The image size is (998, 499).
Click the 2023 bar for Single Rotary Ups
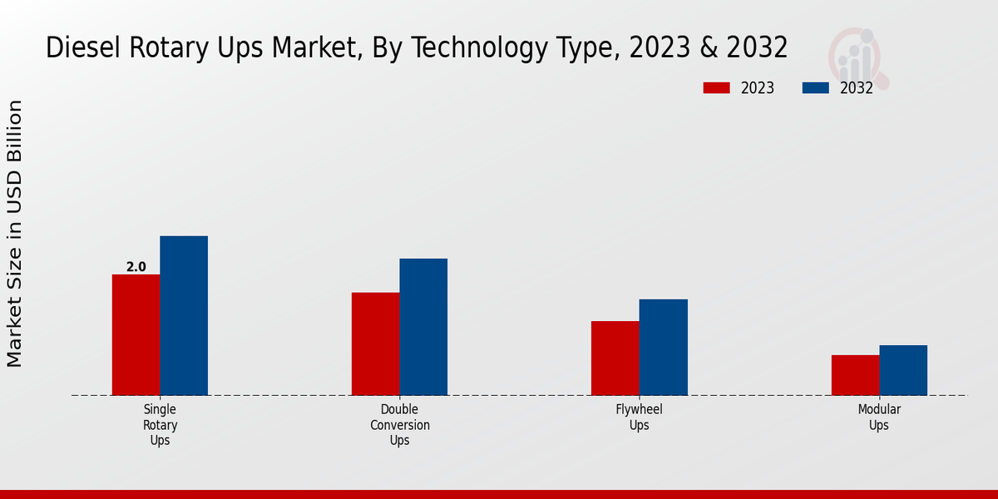(136, 334)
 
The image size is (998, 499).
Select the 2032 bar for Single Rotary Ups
(184, 315)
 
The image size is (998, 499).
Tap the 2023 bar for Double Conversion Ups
(375, 343)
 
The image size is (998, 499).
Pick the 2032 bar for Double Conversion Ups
(423, 327)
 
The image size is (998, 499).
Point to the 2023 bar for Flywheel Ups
(615, 358)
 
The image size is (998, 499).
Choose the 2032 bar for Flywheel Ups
(664, 347)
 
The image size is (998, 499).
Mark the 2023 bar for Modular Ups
(855, 375)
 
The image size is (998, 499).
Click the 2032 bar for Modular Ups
(903, 370)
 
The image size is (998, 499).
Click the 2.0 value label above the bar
(136, 267)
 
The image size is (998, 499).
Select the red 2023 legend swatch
(716, 88)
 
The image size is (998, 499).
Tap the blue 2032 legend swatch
(816, 88)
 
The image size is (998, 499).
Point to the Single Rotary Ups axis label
(160, 425)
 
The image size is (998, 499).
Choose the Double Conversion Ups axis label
(399, 425)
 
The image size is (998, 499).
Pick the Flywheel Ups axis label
(639, 417)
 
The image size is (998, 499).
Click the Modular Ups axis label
(879, 417)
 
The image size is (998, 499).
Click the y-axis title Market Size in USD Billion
(15, 233)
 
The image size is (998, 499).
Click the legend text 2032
(857, 88)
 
